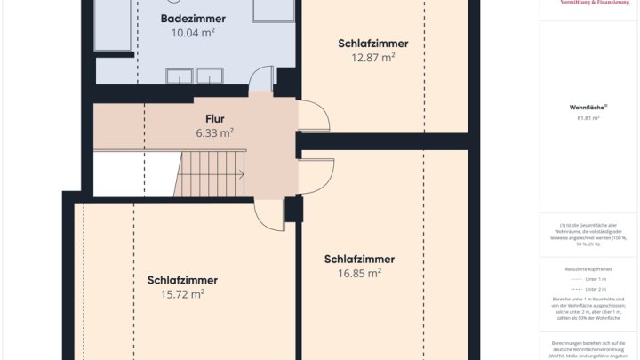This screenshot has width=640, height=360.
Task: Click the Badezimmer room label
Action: point(193,19)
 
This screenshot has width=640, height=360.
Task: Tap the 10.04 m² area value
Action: point(193,32)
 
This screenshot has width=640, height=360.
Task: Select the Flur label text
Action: point(214,119)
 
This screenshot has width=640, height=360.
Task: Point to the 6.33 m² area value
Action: point(214,132)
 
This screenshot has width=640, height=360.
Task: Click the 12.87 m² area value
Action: point(373,57)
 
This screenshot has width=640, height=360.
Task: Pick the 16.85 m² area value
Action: point(359,273)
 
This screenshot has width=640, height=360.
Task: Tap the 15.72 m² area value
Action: point(182,293)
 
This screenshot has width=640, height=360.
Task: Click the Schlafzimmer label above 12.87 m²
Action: point(373,44)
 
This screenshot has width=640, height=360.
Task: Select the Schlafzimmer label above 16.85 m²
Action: point(359,260)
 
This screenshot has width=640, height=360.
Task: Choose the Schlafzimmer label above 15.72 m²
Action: point(182,280)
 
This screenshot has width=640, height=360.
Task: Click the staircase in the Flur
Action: point(213,173)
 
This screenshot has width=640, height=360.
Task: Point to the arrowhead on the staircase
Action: point(242,174)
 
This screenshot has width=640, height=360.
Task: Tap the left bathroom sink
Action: point(179,76)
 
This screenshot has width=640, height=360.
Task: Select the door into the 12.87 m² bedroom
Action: point(312,116)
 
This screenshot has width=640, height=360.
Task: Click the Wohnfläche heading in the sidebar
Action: point(584,107)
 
